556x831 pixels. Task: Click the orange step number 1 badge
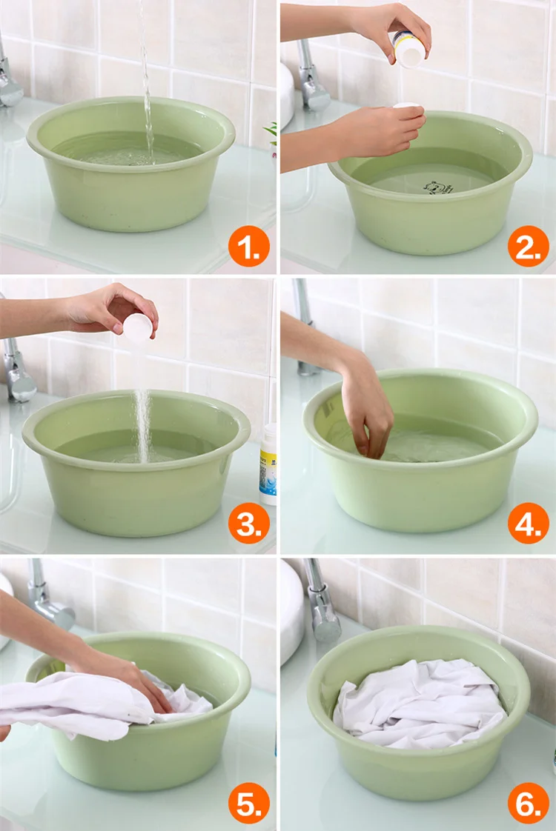pos(249,247)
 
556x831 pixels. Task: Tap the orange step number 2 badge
pos(528,247)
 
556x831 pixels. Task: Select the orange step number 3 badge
pos(249,524)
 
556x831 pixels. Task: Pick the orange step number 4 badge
pos(528,524)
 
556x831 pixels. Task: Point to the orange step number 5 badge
pos(249,803)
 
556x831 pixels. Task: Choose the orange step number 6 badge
pos(528,803)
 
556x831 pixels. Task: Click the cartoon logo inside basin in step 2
pos(437,187)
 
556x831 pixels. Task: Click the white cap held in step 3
pos(138,326)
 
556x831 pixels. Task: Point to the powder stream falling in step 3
pos(142,424)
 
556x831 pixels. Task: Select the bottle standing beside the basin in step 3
pos(268,464)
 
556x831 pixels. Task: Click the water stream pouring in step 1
pos(146,79)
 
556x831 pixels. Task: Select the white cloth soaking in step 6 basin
pos(419,702)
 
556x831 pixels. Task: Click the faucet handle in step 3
pos(16,366)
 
